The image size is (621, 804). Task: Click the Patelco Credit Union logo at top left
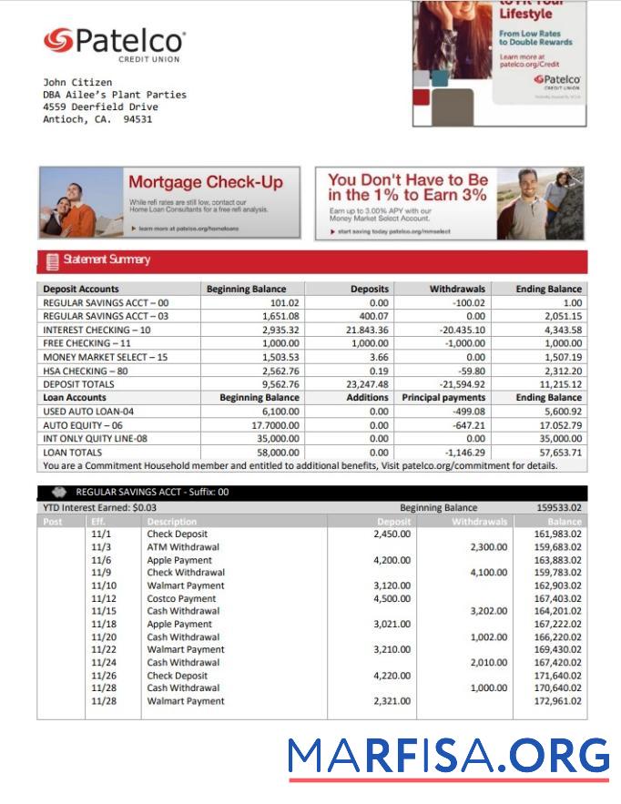tap(114, 43)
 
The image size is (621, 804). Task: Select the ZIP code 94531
tap(137, 118)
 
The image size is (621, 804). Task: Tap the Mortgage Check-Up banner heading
tap(205, 182)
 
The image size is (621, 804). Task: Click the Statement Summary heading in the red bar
tap(106, 260)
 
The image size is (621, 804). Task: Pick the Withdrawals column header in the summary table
tap(457, 289)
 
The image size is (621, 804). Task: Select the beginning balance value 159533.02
tap(559, 507)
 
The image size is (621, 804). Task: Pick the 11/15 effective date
tap(103, 612)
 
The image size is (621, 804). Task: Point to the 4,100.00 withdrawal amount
tap(488, 573)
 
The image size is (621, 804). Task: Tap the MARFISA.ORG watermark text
tap(447, 757)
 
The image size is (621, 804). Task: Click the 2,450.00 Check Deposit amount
tap(392, 534)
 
